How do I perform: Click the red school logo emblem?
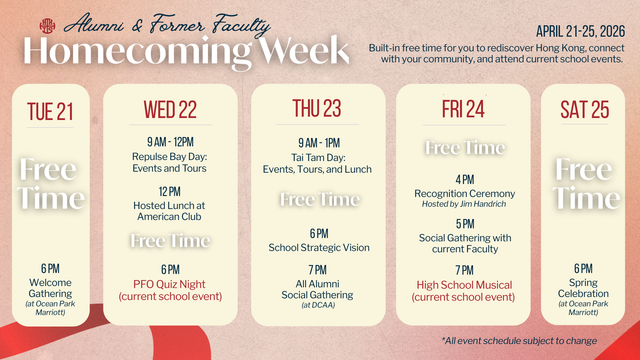click(47, 26)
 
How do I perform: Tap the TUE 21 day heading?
click(50, 112)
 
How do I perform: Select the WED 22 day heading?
click(170, 110)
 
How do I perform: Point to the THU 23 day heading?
click(317, 108)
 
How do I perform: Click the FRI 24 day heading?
click(463, 109)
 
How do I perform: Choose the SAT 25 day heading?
click(585, 110)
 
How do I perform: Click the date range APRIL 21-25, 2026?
click(580, 31)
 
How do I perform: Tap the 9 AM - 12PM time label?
click(170, 142)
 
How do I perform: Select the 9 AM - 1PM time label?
click(319, 143)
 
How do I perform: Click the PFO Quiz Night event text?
click(169, 284)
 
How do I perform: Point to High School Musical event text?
click(464, 285)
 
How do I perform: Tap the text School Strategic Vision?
click(319, 248)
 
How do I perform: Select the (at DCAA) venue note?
click(318, 305)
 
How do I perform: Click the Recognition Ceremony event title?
click(465, 194)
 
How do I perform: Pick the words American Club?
click(169, 217)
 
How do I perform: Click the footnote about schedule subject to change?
click(519, 341)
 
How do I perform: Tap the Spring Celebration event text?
click(583, 288)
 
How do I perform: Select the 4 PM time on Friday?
click(465, 180)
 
